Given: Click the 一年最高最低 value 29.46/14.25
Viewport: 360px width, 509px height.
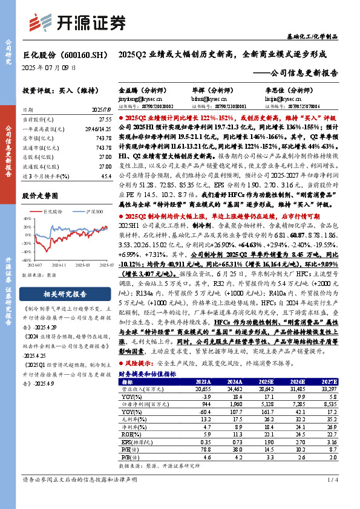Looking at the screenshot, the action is click(x=98, y=129).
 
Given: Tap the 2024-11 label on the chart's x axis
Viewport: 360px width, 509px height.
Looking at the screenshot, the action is click(x=59, y=264).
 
